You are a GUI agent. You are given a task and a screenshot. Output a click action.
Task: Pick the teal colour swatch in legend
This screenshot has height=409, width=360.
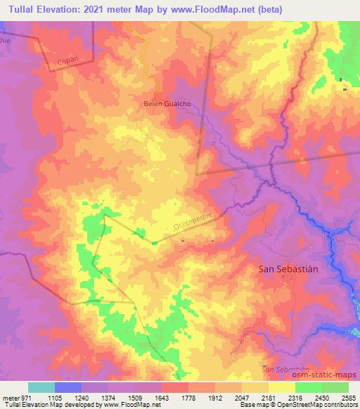(41, 387)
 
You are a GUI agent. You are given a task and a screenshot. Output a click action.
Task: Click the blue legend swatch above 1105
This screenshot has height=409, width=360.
(68, 387)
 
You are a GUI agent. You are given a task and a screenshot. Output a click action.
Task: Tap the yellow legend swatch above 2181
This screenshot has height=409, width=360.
(281, 387)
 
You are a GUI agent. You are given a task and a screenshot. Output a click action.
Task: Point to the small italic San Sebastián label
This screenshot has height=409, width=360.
(285, 368)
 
